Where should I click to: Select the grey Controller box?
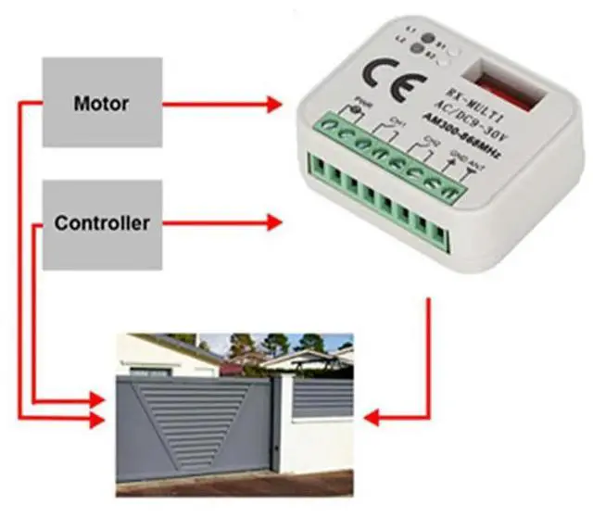(x=102, y=223)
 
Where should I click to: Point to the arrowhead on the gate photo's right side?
(x=371, y=418)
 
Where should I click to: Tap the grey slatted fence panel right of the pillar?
(x=324, y=397)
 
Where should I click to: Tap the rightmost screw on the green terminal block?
(x=448, y=193)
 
